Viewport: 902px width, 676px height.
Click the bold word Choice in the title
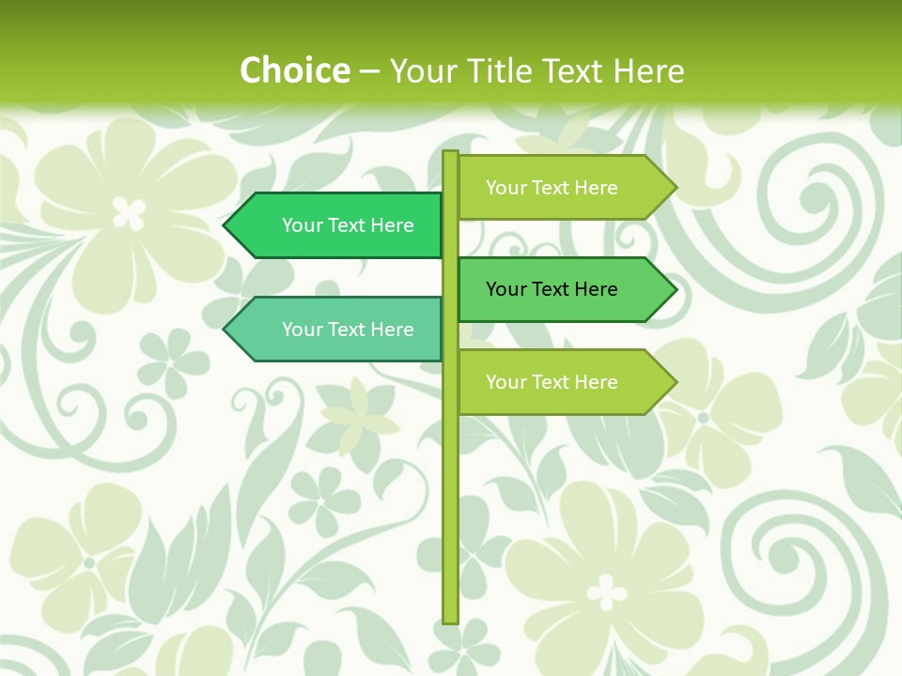tap(294, 70)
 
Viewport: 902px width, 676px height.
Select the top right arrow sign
tap(554, 188)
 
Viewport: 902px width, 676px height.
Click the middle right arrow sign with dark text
tap(554, 289)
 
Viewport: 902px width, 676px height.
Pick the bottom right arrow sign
tap(554, 382)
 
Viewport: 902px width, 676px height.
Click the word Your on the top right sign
tap(505, 188)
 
